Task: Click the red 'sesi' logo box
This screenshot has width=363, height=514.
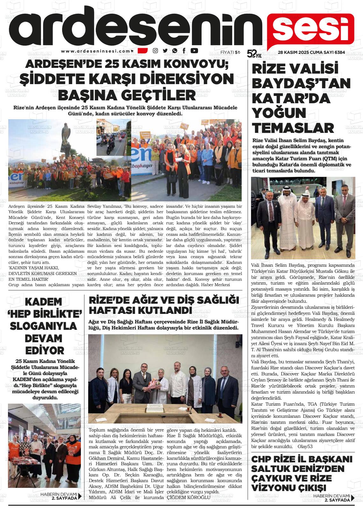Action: point(310,30)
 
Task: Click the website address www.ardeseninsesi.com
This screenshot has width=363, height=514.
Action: point(96,51)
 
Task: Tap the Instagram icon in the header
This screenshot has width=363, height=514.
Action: point(155,51)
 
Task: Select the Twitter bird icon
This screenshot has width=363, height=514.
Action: point(165,51)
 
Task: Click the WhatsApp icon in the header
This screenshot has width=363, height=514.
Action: point(174,51)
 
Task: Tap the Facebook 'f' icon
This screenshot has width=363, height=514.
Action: point(184,51)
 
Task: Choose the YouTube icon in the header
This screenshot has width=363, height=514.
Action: point(194,51)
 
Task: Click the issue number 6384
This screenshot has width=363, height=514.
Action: point(338,53)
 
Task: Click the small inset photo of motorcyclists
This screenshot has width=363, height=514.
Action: point(113,137)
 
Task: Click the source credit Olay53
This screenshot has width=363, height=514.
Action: point(305,446)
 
